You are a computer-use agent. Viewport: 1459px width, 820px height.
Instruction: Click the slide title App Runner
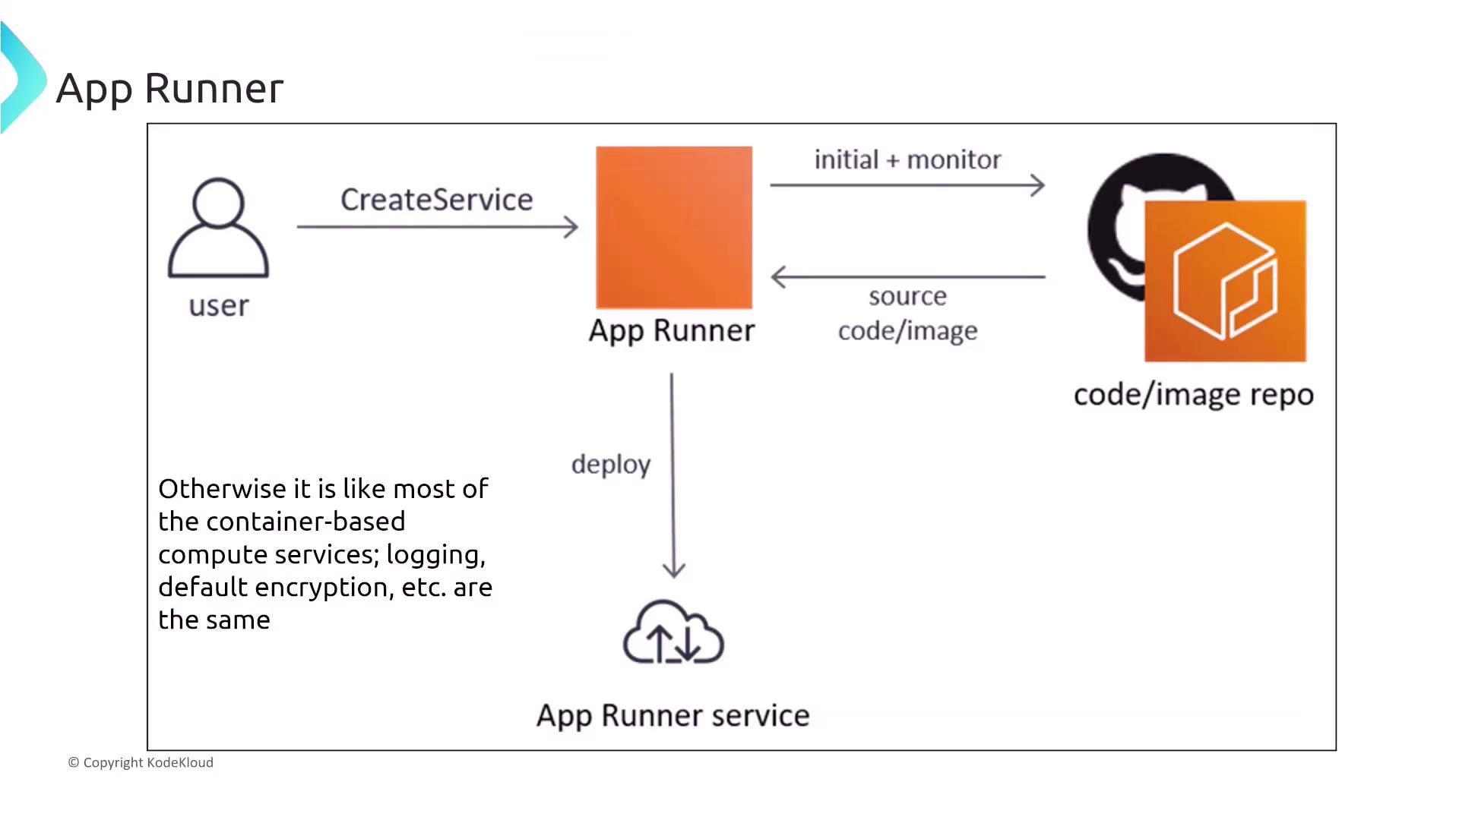tap(169, 88)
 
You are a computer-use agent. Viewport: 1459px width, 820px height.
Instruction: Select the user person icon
tap(218, 228)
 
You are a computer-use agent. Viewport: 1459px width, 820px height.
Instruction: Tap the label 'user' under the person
tap(219, 306)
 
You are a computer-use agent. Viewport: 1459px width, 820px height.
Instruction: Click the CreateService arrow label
tap(436, 200)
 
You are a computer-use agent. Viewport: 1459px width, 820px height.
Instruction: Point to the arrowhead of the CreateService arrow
tap(572, 226)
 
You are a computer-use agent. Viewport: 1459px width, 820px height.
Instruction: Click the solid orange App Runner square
tap(674, 227)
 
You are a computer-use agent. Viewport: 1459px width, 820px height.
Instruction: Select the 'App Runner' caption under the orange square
tap(672, 330)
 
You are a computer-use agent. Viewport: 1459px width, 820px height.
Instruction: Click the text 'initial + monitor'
tap(907, 159)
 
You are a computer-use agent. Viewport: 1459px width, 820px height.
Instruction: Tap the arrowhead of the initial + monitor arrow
tap(1039, 184)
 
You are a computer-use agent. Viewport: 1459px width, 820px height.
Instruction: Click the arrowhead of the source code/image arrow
tap(777, 276)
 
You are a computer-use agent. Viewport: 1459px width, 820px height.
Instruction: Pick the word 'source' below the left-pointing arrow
tap(907, 296)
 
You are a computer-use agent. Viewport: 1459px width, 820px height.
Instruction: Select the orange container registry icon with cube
tap(1225, 281)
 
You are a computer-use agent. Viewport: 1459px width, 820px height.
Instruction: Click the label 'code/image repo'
tap(1193, 395)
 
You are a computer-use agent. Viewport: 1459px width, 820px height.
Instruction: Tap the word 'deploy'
tap(611, 465)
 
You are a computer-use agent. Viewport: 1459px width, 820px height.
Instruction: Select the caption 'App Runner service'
tap(673, 715)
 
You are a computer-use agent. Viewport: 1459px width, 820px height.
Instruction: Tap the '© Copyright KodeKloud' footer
tap(141, 762)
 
